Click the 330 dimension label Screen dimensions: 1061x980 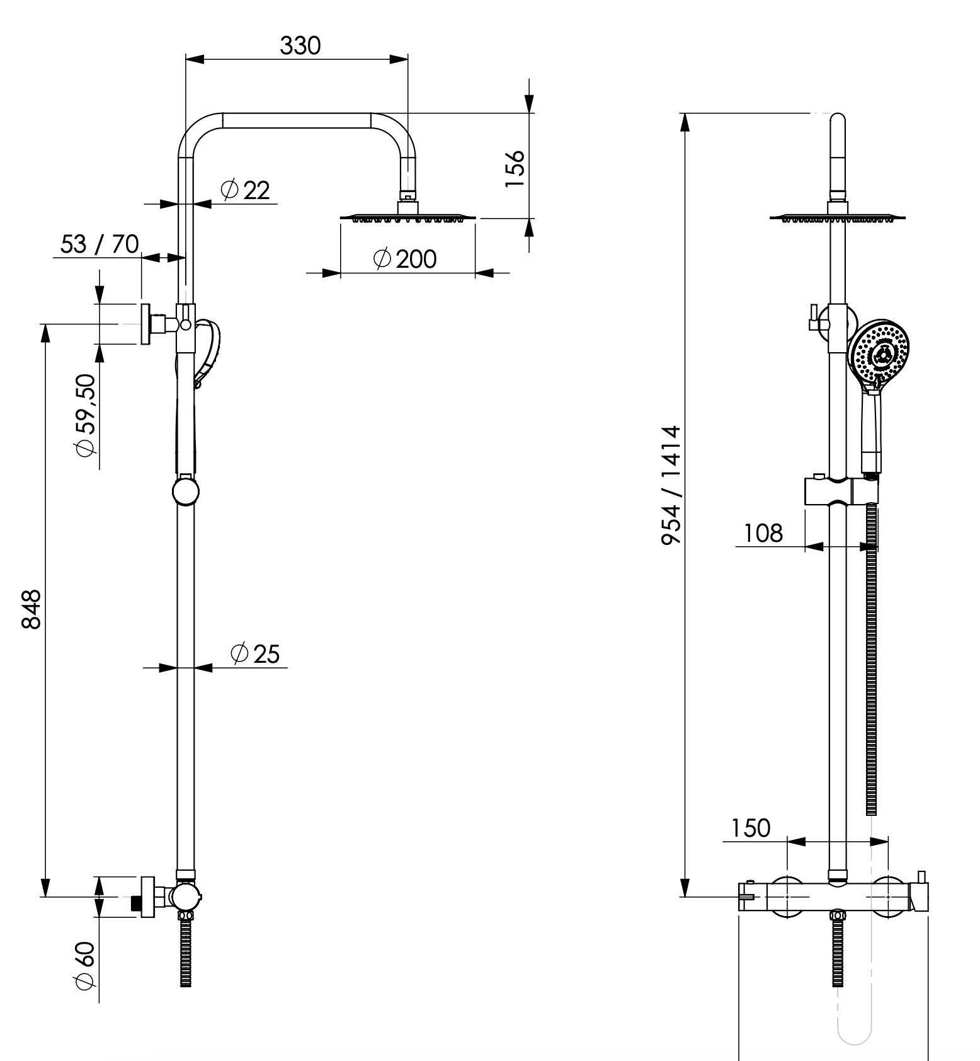300,46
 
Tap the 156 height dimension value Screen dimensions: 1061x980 515,168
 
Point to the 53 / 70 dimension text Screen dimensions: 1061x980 100,244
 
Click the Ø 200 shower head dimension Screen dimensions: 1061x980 404,259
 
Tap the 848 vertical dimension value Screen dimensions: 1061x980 31,609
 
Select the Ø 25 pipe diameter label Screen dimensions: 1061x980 254,654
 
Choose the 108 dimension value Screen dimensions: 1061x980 763,534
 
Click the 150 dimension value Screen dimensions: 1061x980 751,828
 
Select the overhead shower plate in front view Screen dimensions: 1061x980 837,218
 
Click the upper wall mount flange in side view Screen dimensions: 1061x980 147,324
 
